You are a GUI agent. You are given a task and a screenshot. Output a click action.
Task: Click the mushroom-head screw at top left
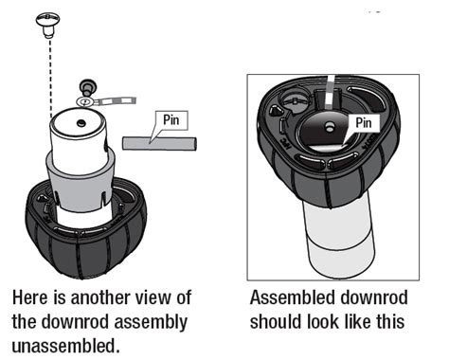click(x=47, y=25)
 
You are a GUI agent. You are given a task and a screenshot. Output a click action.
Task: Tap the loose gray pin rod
click(x=159, y=143)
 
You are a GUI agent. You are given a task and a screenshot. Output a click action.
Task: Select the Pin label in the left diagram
click(x=171, y=120)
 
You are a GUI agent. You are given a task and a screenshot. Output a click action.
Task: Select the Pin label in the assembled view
click(x=364, y=122)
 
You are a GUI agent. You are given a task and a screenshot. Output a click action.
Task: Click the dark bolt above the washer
click(x=88, y=87)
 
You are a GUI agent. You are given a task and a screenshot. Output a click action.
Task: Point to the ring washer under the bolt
click(x=84, y=101)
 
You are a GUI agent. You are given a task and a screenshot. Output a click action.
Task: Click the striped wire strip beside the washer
click(x=116, y=100)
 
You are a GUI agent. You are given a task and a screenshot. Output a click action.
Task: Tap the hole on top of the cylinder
click(x=81, y=122)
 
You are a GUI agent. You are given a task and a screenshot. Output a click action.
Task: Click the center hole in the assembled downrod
click(x=330, y=127)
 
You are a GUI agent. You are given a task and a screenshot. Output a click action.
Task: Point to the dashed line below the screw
click(x=50, y=78)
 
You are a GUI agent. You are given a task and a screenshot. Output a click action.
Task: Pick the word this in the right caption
click(x=390, y=322)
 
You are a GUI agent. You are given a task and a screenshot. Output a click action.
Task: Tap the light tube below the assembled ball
click(x=339, y=238)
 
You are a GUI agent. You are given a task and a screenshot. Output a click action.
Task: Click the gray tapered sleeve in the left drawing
click(x=81, y=182)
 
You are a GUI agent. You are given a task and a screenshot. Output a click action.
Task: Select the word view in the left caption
click(x=153, y=297)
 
